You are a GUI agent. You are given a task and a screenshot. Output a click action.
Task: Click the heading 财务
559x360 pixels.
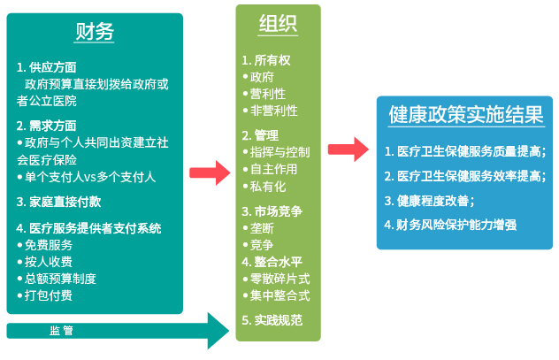pos(95,33)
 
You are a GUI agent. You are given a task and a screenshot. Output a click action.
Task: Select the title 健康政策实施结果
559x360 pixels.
pos(464,115)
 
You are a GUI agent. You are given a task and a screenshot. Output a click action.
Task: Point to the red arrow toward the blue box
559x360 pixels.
pos(348,149)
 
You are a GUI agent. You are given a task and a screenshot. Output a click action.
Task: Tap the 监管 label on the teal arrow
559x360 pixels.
pos(61,331)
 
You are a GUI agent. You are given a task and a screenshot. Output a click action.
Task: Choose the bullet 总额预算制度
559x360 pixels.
pos(60,279)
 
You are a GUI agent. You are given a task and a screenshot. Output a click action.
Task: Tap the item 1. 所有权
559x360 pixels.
pos(266,60)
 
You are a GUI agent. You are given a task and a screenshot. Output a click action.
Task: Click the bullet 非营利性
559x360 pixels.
pos(274,111)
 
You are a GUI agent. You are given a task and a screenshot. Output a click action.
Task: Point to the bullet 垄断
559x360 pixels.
pos(263,227)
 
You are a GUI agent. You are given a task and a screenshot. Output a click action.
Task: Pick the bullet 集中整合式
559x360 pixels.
pos(280,295)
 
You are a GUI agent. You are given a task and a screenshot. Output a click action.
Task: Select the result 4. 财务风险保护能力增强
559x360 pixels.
pos(450,224)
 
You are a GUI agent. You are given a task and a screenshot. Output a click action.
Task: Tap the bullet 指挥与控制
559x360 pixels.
pos(280,152)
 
